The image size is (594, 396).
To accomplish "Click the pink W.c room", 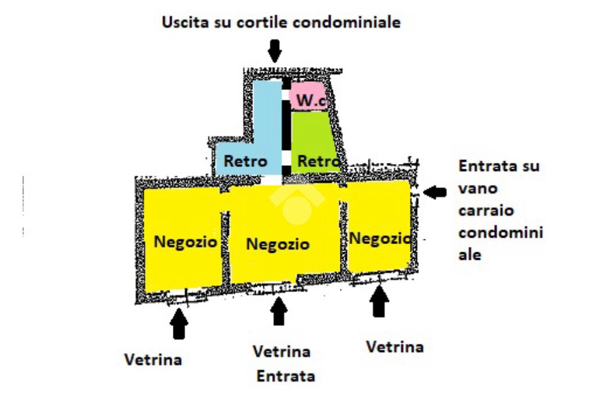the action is [309, 96].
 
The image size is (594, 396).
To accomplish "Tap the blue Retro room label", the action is [245, 161].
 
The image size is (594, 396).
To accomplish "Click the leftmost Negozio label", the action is [185, 242].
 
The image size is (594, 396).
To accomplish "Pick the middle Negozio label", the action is [278, 244].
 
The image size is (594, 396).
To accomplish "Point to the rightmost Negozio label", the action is [380, 238].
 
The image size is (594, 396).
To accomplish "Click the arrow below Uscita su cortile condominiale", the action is [274, 50].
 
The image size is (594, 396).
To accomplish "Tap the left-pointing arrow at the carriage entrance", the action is [434, 192].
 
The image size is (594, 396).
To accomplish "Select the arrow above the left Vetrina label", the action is [179, 323].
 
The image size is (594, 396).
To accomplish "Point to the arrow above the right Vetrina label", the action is [379, 301].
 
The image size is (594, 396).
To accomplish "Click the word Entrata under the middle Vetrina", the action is [285, 376].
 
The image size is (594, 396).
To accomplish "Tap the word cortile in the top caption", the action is [262, 22].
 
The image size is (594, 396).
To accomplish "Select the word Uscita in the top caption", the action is [185, 22].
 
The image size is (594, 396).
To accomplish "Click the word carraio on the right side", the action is [486, 210].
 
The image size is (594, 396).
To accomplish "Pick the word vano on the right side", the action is [478, 188].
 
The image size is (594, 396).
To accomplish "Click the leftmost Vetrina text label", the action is [153, 359].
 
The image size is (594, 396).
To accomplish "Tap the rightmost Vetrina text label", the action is [394, 346].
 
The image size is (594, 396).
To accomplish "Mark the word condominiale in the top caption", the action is [347, 22].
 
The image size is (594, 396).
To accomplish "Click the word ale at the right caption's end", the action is [470, 255].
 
